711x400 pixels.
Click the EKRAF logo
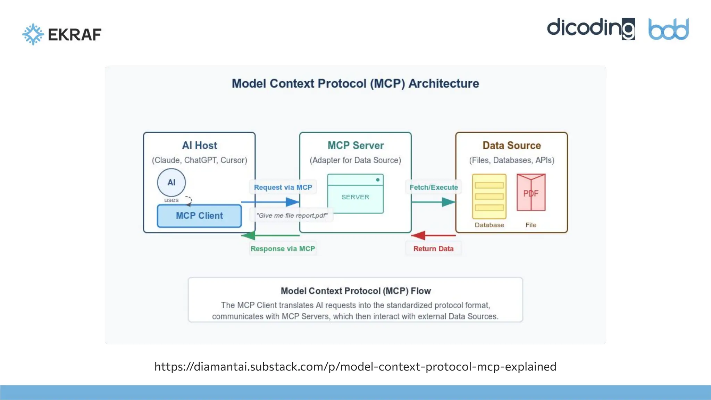tap(62, 34)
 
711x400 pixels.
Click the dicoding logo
tap(591, 29)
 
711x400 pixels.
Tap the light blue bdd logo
tap(668, 30)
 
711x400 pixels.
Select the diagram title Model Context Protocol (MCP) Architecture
tap(355, 84)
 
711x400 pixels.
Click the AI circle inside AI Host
tap(171, 182)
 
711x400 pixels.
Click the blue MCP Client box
tap(199, 216)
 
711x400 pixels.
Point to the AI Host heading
tap(199, 145)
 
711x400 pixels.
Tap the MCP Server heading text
tap(355, 145)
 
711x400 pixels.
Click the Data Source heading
tap(511, 145)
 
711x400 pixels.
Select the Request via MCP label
tap(283, 187)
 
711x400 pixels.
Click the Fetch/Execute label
tap(434, 187)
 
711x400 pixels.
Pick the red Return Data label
tap(433, 249)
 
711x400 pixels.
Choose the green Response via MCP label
tap(283, 249)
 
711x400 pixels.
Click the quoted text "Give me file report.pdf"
tap(292, 215)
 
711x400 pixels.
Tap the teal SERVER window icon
tap(355, 194)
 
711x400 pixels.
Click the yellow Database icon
tap(489, 196)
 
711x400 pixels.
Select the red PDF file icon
tap(531, 193)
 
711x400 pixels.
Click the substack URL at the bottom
tap(355, 366)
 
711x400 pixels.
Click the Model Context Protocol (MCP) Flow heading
tap(355, 291)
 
